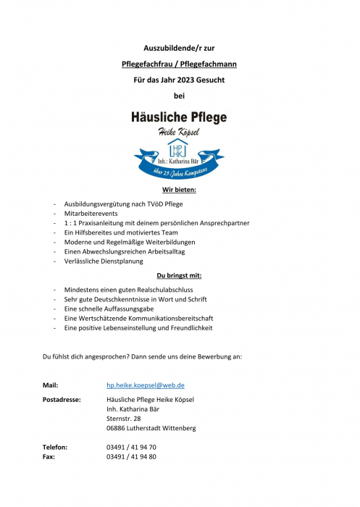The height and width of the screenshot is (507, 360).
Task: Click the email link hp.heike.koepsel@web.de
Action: (x=145, y=385)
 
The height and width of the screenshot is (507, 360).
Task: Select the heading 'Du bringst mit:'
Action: (x=180, y=276)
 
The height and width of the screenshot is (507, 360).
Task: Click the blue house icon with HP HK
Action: (x=177, y=149)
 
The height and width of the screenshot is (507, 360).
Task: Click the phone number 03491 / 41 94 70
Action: (x=131, y=448)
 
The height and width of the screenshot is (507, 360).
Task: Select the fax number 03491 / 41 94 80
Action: (x=131, y=457)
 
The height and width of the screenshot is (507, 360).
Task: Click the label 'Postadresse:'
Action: (x=62, y=400)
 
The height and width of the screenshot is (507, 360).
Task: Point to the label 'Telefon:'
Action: (x=55, y=448)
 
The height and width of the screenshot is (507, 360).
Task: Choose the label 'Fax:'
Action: (x=49, y=457)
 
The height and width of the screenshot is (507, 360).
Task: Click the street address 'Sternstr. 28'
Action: (x=124, y=419)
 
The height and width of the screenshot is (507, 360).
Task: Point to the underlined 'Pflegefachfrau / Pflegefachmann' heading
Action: (x=180, y=64)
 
